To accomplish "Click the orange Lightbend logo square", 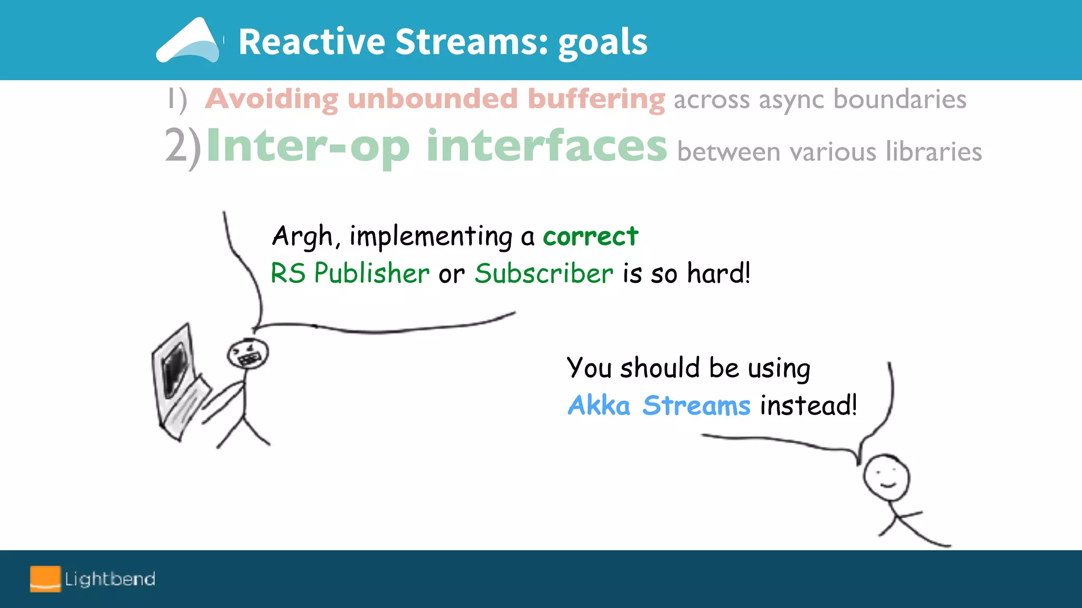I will (45, 578).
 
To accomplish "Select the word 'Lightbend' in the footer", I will (110, 579).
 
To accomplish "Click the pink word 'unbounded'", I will (432, 99).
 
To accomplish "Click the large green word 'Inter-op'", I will (307, 146).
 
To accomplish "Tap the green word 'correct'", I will (590, 236).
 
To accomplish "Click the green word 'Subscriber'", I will (544, 273).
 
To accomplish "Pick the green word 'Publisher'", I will (371, 273).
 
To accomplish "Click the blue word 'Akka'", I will (599, 405).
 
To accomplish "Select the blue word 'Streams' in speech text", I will (696, 405).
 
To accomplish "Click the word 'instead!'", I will (808, 405).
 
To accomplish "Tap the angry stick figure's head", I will (248, 353).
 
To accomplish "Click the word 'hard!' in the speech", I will (718, 273).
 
